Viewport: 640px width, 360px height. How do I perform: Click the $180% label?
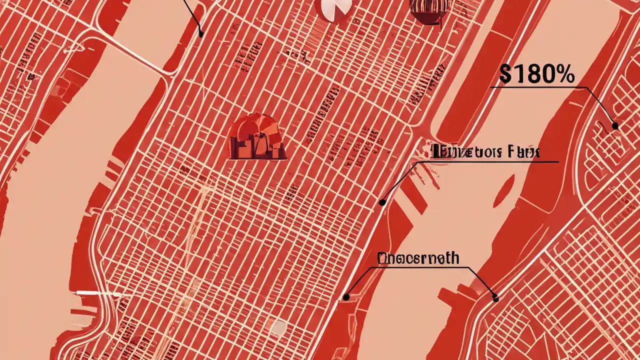pos(536,75)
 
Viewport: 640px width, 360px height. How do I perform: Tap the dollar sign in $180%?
pos(504,75)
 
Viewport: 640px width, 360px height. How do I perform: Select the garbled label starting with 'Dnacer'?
pos(418,258)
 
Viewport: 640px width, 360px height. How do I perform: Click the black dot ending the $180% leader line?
pos(615,126)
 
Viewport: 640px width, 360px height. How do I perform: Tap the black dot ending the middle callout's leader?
pos(382,202)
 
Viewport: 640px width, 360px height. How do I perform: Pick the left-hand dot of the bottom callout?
pos(346,297)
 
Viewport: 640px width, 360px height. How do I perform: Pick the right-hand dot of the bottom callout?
pos(495,298)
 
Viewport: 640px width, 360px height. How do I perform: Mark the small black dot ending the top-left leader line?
pos(201,34)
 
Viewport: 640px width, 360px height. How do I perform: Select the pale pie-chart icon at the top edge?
pos(334,9)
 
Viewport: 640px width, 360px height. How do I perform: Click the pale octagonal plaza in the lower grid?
pos(278,327)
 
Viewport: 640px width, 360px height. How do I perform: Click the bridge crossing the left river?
pos(132,52)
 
